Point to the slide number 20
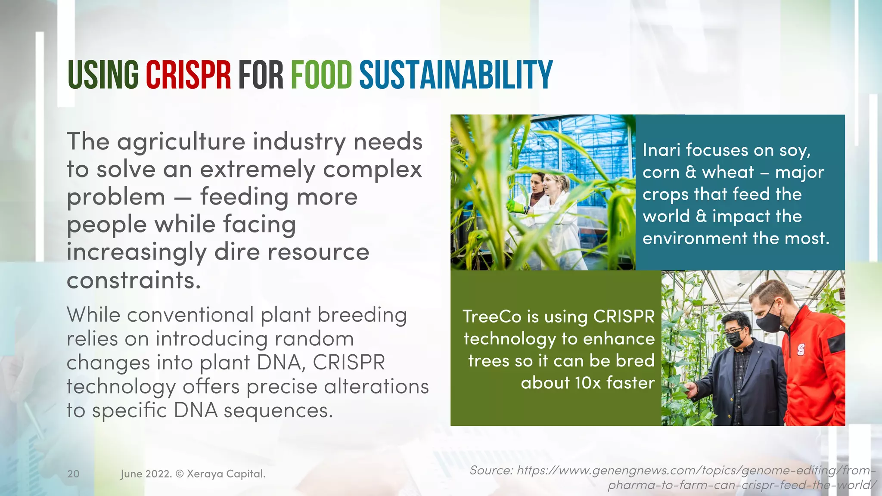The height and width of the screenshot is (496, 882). pyautogui.click(x=73, y=474)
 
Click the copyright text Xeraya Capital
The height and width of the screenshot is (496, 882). pyautogui.click(x=226, y=474)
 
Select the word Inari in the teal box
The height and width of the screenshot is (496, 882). pyautogui.click(x=661, y=150)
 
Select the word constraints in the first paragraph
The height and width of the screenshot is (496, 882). pyautogui.click(x=134, y=280)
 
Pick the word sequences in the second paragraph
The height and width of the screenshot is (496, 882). pyautogui.click(x=278, y=410)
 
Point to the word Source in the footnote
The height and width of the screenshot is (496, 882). pyautogui.click(x=491, y=470)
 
